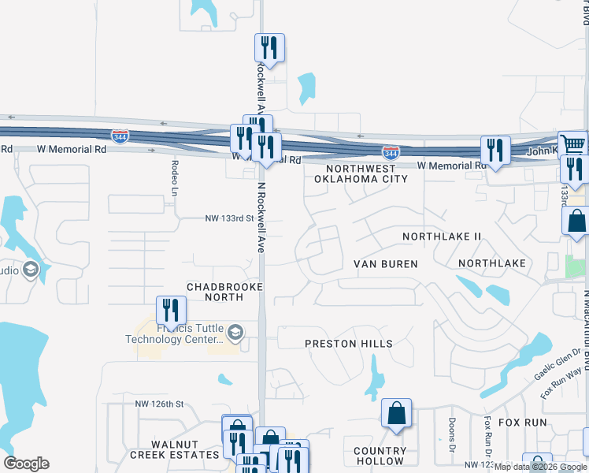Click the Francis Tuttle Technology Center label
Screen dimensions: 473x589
tap(175, 334)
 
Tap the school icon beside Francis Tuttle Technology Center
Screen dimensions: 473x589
tap(235, 334)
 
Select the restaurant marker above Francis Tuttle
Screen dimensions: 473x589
tap(171, 311)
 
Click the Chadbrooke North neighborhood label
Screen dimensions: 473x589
tap(224, 292)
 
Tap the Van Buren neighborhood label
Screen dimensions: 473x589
tap(385, 264)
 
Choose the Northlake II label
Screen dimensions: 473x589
tap(441, 236)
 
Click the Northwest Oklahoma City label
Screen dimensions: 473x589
tap(361, 173)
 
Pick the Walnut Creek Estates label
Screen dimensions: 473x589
tap(175, 449)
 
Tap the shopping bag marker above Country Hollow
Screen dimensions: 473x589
tap(396, 413)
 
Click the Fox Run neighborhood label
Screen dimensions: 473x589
tap(526, 423)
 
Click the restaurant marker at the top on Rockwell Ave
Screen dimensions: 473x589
tap(269, 48)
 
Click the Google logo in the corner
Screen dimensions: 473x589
tap(26, 464)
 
